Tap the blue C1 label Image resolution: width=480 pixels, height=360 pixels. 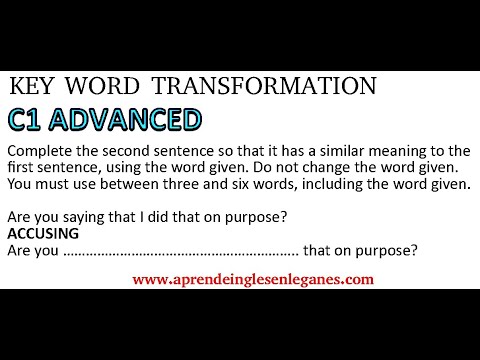(x=32, y=121)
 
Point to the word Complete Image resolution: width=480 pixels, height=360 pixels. (x=39, y=151)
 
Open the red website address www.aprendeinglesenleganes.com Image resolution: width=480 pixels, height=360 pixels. (x=252, y=279)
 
